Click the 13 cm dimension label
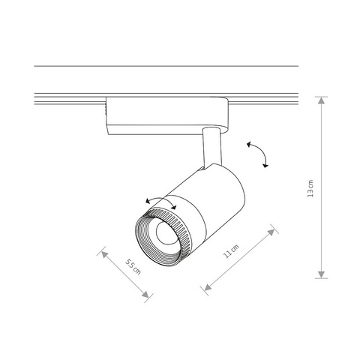pyautogui.click(x=310, y=188)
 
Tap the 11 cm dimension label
pyautogui.click(x=231, y=251)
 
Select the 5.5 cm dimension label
pyautogui.click(x=133, y=267)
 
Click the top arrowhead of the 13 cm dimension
pyautogui.click(x=321, y=100)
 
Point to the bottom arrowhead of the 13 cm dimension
pyautogui.click(x=321, y=274)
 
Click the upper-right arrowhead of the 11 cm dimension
pyautogui.click(x=271, y=232)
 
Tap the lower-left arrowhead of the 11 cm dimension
pyautogui.click(x=208, y=288)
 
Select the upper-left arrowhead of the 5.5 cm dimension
pyautogui.click(x=104, y=254)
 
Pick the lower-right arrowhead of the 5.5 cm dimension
pyautogui.click(x=145, y=295)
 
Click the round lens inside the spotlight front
pyautogui.click(x=165, y=232)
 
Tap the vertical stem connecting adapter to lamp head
pyautogui.click(x=212, y=148)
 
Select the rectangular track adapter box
pyautogui.click(x=167, y=115)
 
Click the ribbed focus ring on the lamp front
pyautogui.click(x=163, y=237)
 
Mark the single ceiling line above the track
pyautogui.click(x=166, y=66)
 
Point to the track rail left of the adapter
pyautogui.click(x=70, y=99)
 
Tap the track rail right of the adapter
pyautogui.click(x=263, y=99)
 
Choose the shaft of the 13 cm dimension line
pyautogui.click(x=321, y=187)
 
